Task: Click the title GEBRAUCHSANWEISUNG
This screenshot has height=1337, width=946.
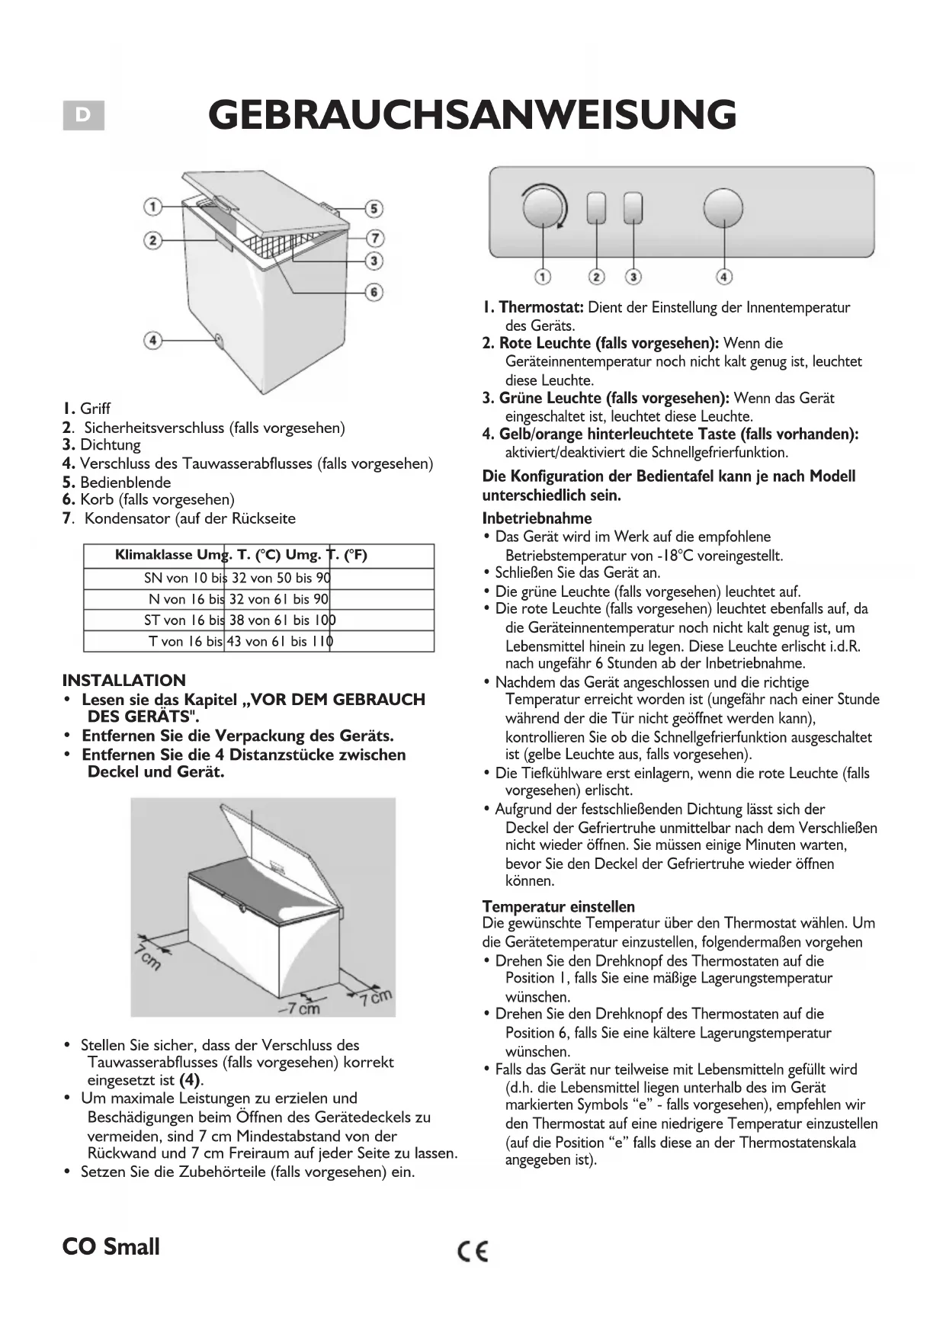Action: pyautogui.click(x=472, y=115)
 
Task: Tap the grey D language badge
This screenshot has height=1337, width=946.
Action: pyautogui.click(x=83, y=116)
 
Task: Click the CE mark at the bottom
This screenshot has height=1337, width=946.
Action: pyautogui.click(x=473, y=1251)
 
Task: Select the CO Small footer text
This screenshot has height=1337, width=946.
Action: pyautogui.click(x=111, y=1247)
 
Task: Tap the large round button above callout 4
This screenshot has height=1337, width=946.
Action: pyautogui.click(x=723, y=208)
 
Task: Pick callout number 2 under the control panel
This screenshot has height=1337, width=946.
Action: pyautogui.click(x=597, y=277)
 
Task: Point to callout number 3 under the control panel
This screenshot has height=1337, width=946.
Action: pyautogui.click(x=633, y=277)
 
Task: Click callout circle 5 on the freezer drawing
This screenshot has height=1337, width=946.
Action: pyautogui.click(x=374, y=209)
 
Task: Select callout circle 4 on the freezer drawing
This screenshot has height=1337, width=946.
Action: pyautogui.click(x=153, y=339)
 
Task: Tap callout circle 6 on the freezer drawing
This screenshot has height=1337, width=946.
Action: pyautogui.click(x=374, y=292)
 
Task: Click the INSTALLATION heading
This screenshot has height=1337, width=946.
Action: pyautogui.click(x=123, y=681)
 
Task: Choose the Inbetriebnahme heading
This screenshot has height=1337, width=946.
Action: pyautogui.click(x=537, y=518)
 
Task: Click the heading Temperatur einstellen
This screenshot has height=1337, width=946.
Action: pyautogui.click(x=558, y=906)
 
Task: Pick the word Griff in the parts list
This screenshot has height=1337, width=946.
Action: pyautogui.click(x=95, y=409)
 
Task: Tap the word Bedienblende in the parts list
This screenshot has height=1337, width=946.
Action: pyautogui.click(x=125, y=482)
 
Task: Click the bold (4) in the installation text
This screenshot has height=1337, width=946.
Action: pyautogui.click(x=190, y=1080)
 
